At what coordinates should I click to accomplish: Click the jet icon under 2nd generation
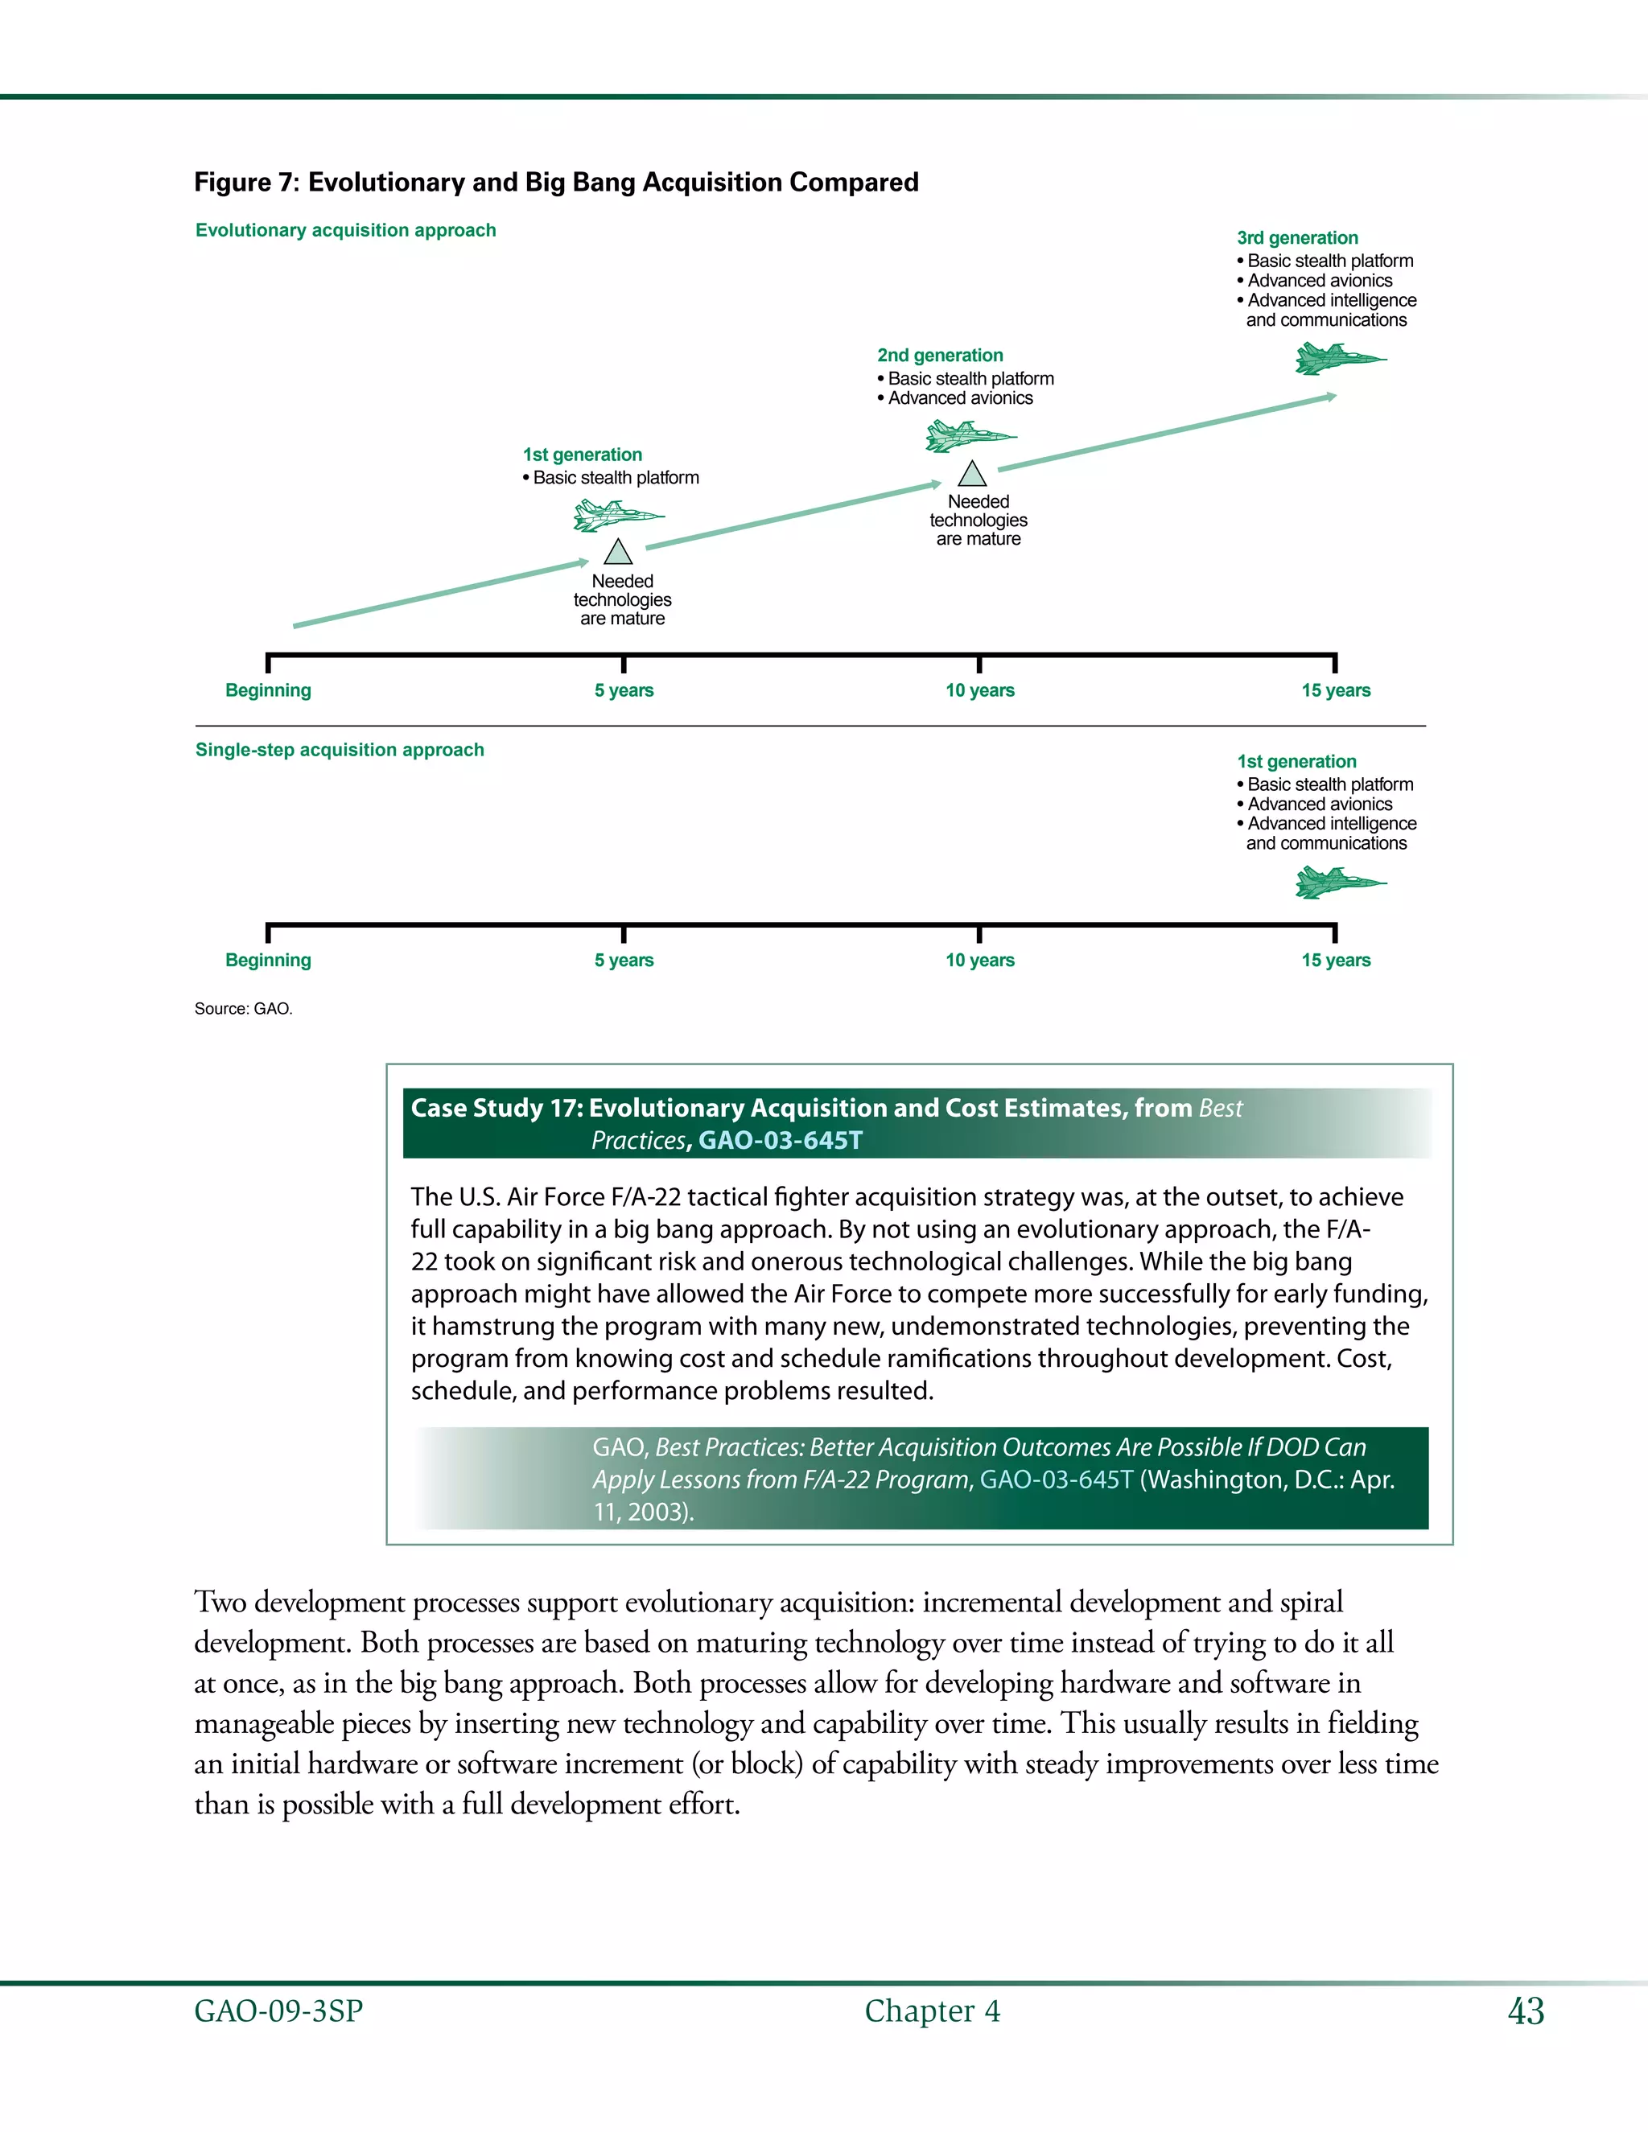[x=969, y=435]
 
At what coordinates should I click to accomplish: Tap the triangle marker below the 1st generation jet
[x=618, y=554]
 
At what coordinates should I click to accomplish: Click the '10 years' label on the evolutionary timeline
[x=979, y=690]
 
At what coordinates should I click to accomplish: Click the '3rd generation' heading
[x=1296, y=237]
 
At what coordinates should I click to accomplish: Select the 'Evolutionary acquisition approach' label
[x=345, y=230]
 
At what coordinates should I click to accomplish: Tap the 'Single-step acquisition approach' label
[x=340, y=750]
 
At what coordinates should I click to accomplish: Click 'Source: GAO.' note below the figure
[x=243, y=1008]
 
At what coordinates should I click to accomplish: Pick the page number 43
[x=1525, y=2011]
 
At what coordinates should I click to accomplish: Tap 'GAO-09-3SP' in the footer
[x=278, y=2011]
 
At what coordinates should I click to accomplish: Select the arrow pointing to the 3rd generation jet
[x=1167, y=433]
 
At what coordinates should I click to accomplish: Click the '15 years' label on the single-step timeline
[x=1335, y=960]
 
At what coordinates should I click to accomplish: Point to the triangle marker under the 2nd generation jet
[x=971, y=475]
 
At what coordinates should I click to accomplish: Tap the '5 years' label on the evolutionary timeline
[x=624, y=690]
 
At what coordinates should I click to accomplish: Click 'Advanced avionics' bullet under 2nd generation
[x=960, y=398]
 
